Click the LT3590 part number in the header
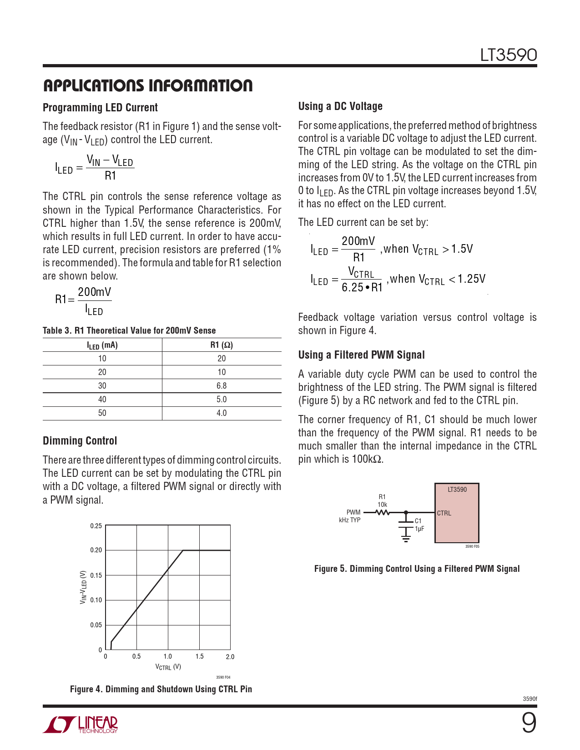pyautogui.click(x=508, y=55)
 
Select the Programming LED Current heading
pyautogui.click(x=100, y=108)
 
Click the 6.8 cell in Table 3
pyautogui.click(x=222, y=386)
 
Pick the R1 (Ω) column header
pyautogui.click(x=222, y=345)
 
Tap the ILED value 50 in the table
pyautogui.click(x=102, y=413)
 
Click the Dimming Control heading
pyautogui.click(x=80, y=441)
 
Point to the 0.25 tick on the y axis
pyautogui.click(x=96, y=526)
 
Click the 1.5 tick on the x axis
pyautogui.click(x=199, y=656)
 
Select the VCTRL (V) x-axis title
pyautogui.click(x=168, y=667)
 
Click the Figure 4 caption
pyautogui.click(x=161, y=689)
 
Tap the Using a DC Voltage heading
pyautogui.click(x=340, y=106)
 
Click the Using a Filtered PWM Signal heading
pyautogui.click(x=361, y=355)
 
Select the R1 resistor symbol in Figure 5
pyautogui.click(x=383, y=512)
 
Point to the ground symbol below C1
pyautogui.click(x=406, y=539)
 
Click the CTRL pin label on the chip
pyautogui.click(x=444, y=513)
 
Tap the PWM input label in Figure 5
pyautogui.click(x=353, y=512)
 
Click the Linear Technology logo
pyautogui.click(x=81, y=725)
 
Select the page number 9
pyautogui.click(x=529, y=723)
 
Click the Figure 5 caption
pyautogui.click(x=417, y=569)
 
